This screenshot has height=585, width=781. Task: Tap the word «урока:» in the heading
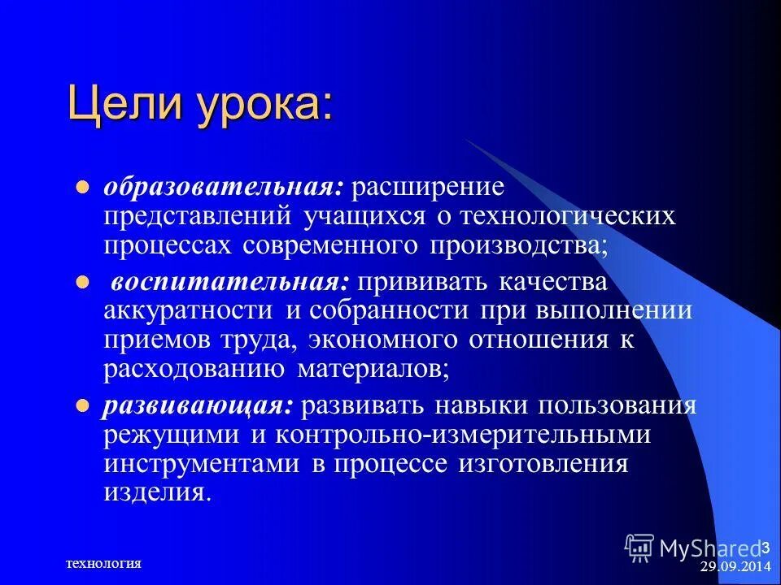click(x=258, y=105)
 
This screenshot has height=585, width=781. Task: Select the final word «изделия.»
click(x=157, y=492)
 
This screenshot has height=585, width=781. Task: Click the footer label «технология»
click(x=103, y=563)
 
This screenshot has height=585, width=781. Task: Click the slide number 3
click(x=766, y=543)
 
